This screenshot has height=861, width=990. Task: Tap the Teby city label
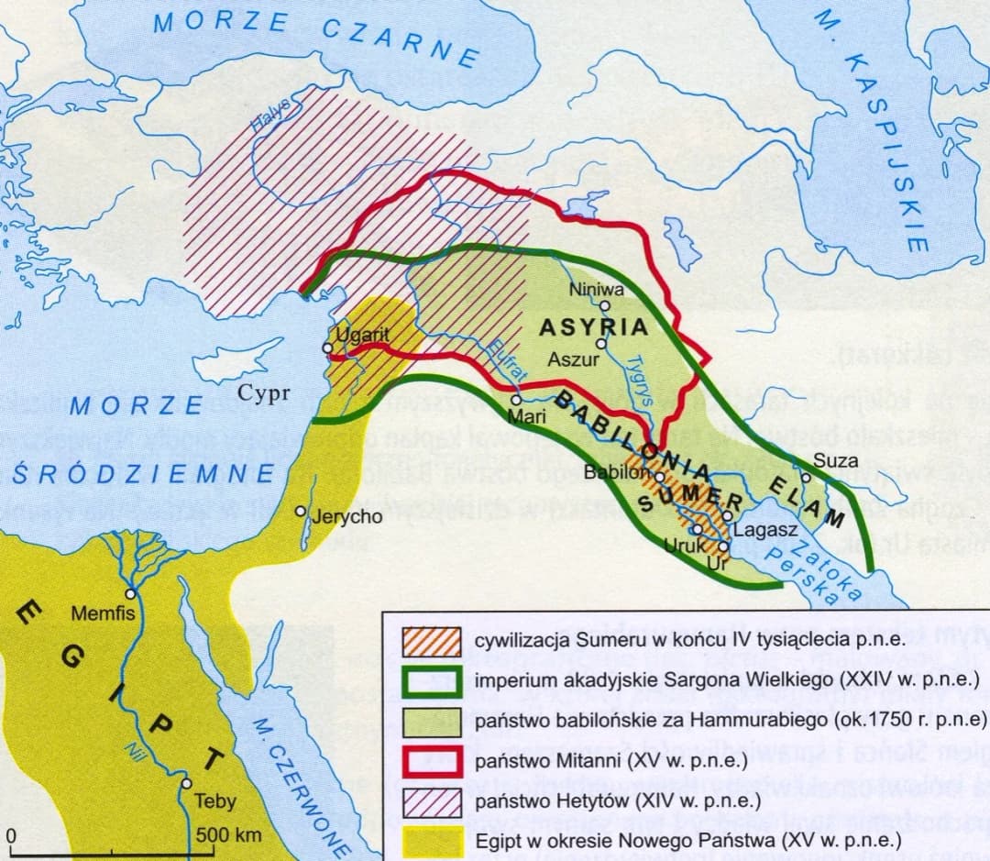[215, 801]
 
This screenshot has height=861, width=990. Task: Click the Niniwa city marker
[605, 306]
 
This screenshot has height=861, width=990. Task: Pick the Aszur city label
[573, 359]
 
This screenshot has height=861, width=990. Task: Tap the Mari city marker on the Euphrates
[517, 399]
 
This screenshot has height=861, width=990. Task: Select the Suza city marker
[806, 476]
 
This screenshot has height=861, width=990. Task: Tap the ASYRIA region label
[593, 327]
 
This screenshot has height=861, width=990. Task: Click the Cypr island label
[264, 394]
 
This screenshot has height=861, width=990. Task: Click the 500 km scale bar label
[229, 835]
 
